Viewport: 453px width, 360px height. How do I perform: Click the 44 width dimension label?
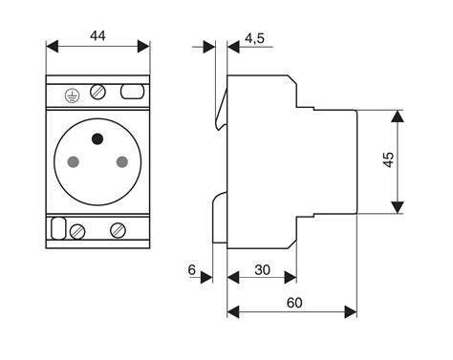coord(98,35)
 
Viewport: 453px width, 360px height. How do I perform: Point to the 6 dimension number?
coord(192,271)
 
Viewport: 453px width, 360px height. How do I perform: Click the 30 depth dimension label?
coord(262,270)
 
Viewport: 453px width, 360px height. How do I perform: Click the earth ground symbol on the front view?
coord(70,93)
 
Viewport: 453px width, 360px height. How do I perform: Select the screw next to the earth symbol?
coord(97,93)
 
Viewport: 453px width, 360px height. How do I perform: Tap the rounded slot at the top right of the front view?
coord(132,93)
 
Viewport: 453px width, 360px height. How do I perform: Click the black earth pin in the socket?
coord(97,140)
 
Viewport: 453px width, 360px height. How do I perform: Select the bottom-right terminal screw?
coord(119,229)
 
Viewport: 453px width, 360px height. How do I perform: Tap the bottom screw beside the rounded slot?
coord(78,229)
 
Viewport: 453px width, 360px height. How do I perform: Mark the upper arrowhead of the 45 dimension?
coord(399,116)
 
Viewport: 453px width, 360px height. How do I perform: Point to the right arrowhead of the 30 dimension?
coord(291,280)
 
